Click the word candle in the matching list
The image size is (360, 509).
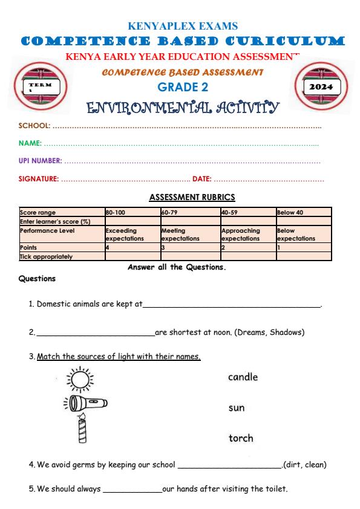[x=243, y=377]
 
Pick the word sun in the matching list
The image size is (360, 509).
[x=236, y=408]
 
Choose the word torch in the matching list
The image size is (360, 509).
[x=240, y=438]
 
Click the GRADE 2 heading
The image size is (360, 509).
[x=183, y=87]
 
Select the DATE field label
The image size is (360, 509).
[x=201, y=178]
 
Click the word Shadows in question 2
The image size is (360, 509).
[x=286, y=332]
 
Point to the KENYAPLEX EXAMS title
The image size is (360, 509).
[x=183, y=26]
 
